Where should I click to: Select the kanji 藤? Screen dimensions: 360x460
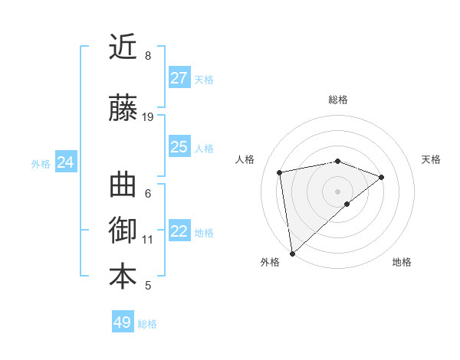[123, 108]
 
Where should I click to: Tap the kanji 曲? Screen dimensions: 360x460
[123, 185]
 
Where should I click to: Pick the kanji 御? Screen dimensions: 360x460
[123, 231]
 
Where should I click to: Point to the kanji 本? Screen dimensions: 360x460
[123, 277]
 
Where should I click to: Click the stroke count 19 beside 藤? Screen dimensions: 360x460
[148, 117]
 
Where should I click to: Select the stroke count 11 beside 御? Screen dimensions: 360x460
[148, 240]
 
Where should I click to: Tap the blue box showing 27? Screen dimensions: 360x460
[179, 78]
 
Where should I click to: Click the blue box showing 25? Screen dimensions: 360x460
[179, 147]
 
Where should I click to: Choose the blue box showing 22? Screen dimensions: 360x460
[179, 231]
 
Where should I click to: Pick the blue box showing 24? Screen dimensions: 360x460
[65, 162]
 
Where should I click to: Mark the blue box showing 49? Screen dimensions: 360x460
[123, 322]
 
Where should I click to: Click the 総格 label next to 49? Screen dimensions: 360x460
[147, 324]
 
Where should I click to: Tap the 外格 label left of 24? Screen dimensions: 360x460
[41, 163]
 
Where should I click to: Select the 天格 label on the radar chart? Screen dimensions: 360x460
[432, 159]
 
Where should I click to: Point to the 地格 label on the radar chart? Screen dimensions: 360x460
[402, 263]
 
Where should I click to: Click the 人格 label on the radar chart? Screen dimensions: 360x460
[245, 159]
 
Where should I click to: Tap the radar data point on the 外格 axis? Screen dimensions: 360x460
[292, 253]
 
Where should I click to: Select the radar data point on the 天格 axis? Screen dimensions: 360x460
[382, 177]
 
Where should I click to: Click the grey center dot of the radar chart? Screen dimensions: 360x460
[338, 191]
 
